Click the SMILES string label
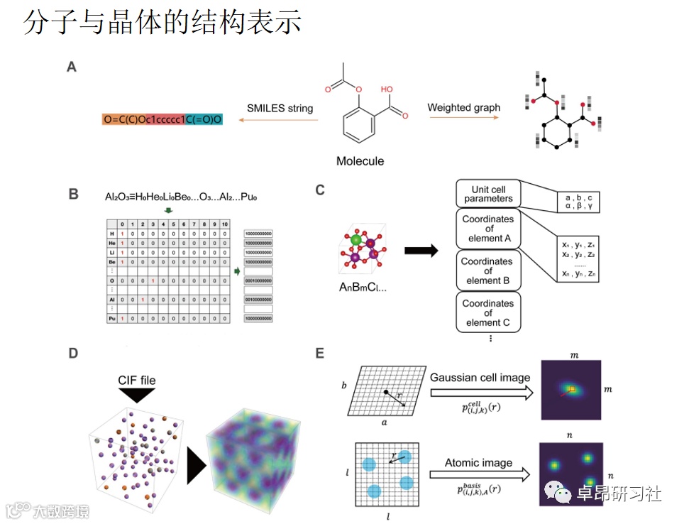(280, 109)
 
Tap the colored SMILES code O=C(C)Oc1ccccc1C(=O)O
(162, 120)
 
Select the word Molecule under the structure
(360, 161)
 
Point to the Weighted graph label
(463, 108)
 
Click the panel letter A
(72, 67)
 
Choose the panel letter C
(320, 190)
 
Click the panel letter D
(72, 352)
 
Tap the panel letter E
(320, 352)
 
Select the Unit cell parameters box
(488, 195)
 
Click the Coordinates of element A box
(488, 229)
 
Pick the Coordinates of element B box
(488, 271)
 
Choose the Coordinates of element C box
(488, 312)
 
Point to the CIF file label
(136, 380)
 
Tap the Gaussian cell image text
(480, 377)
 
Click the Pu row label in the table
(111, 319)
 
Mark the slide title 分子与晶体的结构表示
(162, 23)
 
